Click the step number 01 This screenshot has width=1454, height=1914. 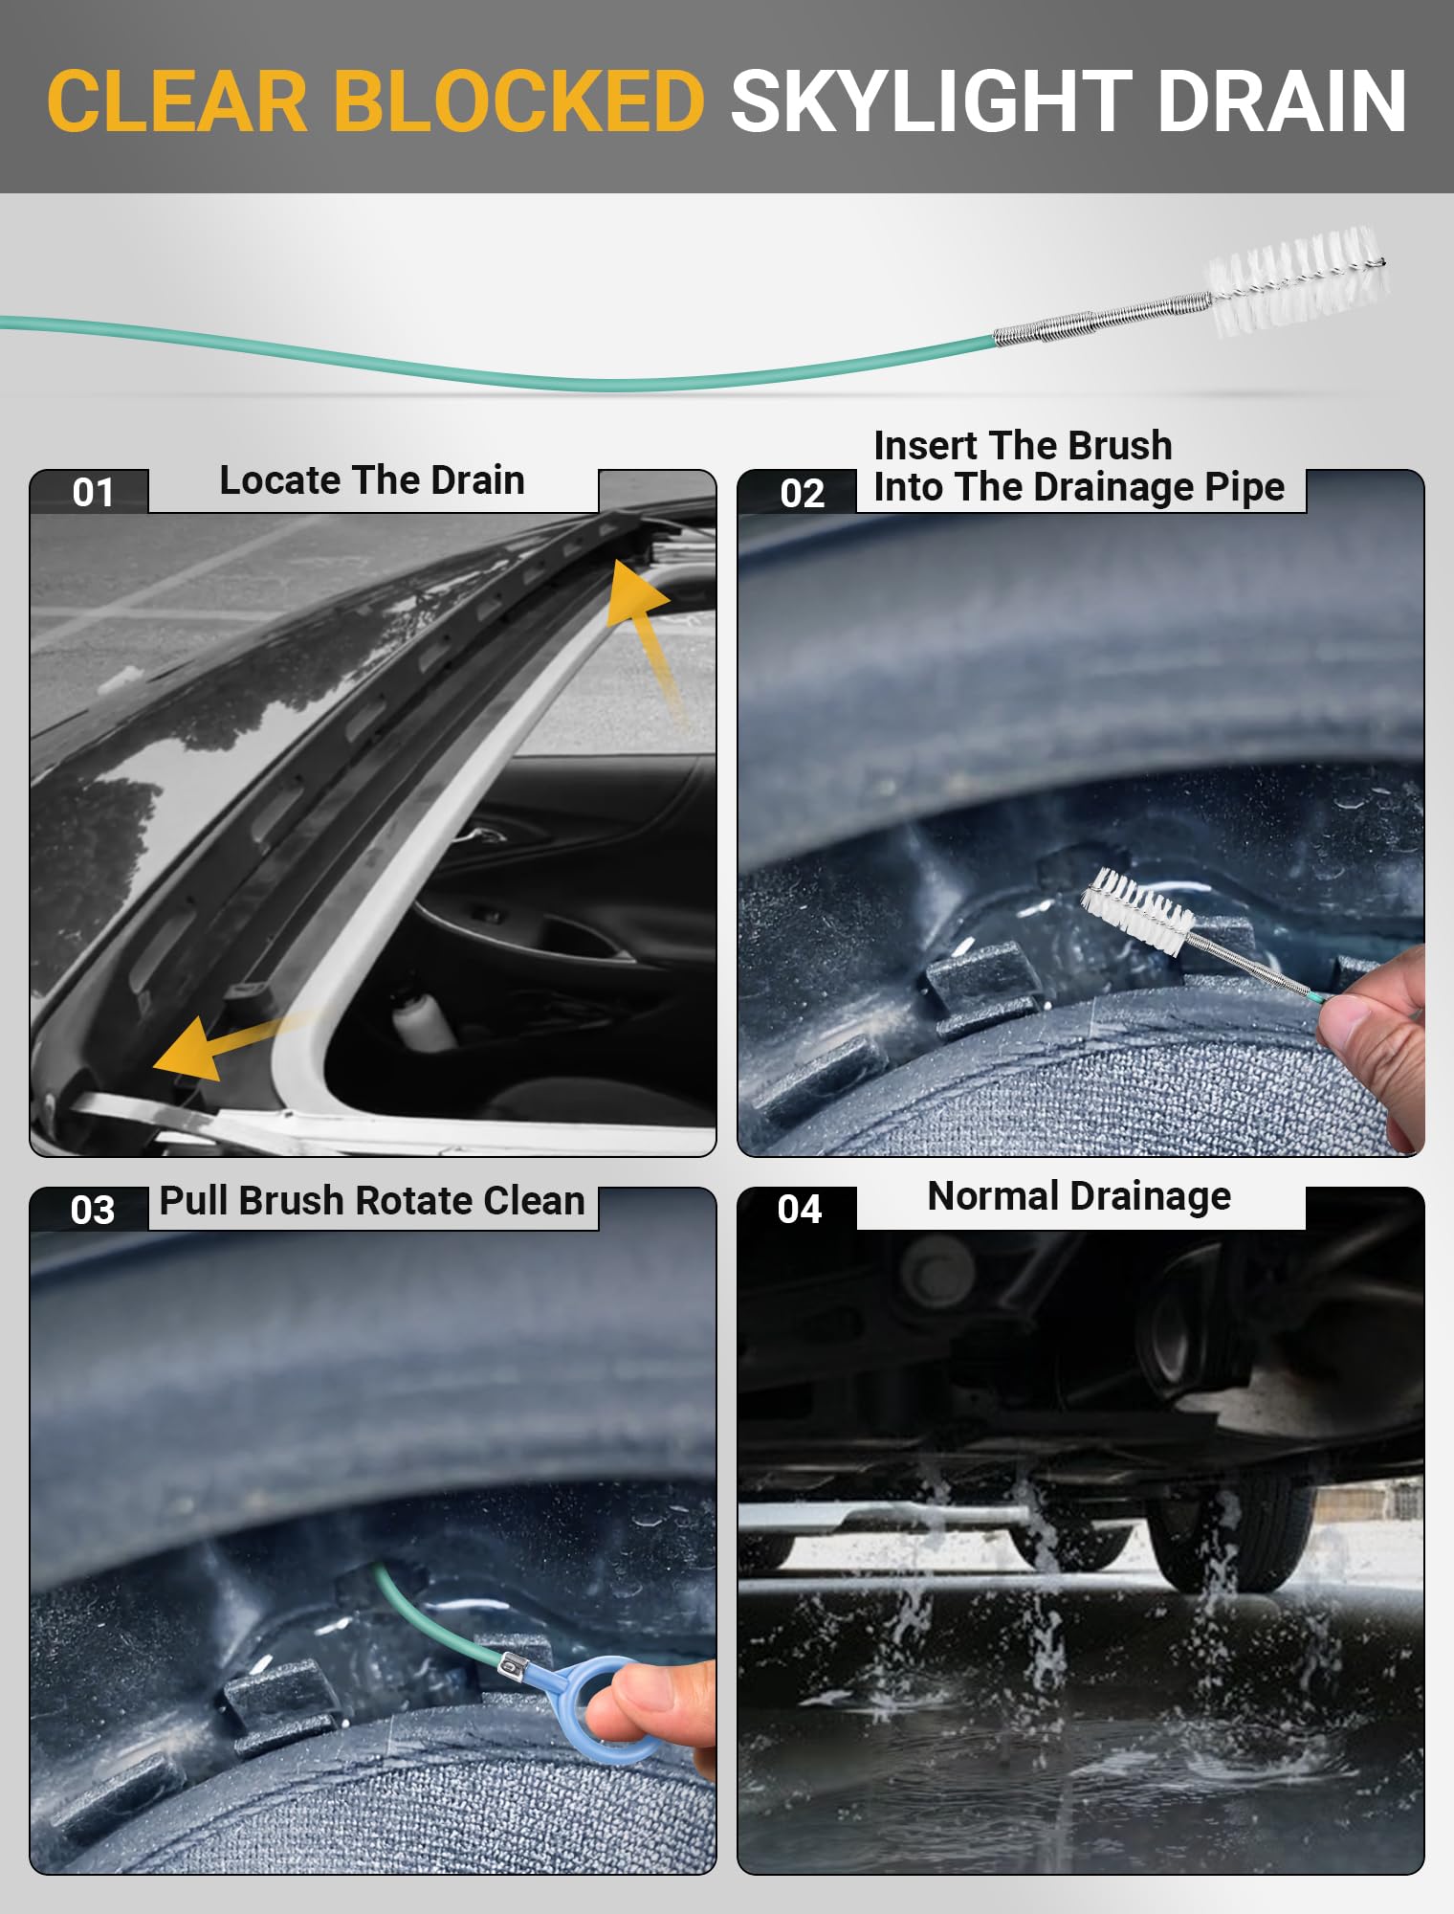(x=92, y=493)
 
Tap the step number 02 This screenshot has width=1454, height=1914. (x=802, y=494)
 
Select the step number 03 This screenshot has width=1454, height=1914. (x=92, y=1211)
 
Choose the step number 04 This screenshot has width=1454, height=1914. (x=800, y=1210)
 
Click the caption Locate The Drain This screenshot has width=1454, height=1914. (x=372, y=480)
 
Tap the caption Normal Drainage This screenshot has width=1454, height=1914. (x=1079, y=1196)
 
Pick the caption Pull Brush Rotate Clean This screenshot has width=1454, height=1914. (x=372, y=1201)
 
